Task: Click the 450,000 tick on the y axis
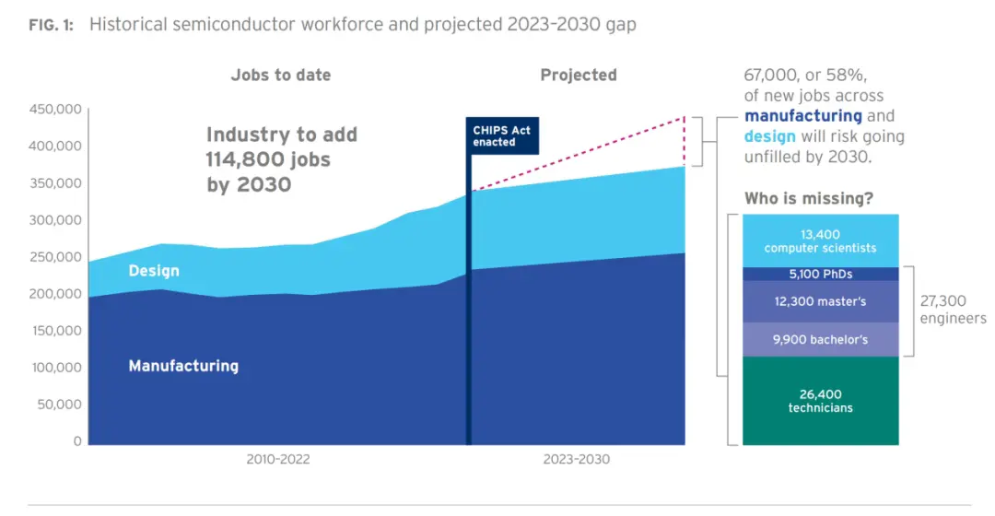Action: pos(56,111)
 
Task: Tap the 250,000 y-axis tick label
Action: pos(56,257)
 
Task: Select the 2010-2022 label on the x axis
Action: pos(277,459)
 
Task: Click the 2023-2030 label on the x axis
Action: pos(576,459)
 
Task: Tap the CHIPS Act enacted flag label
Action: pos(501,135)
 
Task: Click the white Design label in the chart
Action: pos(154,271)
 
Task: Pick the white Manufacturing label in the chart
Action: pos(183,366)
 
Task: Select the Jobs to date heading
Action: pos(280,76)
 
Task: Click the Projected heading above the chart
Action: pos(578,76)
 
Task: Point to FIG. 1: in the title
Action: pos(53,25)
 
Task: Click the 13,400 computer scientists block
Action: pos(820,241)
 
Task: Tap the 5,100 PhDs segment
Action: pos(820,274)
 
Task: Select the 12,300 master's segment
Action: pos(820,301)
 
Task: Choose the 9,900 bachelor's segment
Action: pos(820,339)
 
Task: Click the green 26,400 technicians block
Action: pos(820,401)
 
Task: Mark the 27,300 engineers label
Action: pos(953,310)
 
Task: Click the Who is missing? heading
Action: pos(809,198)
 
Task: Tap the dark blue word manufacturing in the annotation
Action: pos(802,116)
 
